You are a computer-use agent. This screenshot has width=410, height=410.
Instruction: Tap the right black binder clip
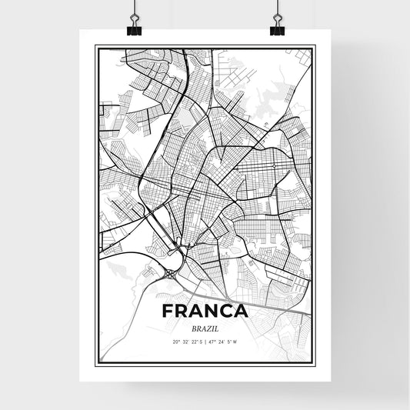pos(276,29)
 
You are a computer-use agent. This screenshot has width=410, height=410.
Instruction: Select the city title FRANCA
pos(205,312)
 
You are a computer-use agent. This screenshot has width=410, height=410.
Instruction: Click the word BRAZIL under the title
pos(205,328)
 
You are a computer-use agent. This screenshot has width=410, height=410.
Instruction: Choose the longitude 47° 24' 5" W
pos(223,342)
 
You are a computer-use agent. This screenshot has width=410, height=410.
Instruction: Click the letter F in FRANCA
pos(168,312)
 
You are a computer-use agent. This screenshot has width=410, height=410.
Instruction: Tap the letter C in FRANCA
pos(224,312)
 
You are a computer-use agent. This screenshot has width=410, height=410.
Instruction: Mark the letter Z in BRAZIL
pos(208,328)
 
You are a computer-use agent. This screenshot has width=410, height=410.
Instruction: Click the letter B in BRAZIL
pos(192,328)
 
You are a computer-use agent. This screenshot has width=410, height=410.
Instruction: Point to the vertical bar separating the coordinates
pos(205,342)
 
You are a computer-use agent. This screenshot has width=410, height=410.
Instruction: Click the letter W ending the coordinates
pos(236,342)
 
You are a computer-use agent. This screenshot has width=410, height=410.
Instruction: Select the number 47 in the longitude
pos(212,342)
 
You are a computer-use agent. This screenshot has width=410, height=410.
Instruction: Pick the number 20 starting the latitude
pos(176,342)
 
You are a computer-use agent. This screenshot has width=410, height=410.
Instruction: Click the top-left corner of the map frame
pos(95,46)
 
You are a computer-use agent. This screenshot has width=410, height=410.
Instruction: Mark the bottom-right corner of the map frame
pos(315,363)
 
